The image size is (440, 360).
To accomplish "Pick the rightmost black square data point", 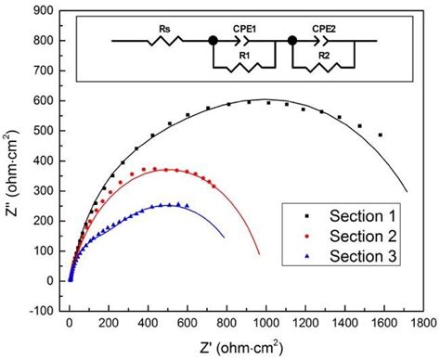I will click(x=380, y=135).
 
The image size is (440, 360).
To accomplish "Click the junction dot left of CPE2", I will click(x=292, y=41).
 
